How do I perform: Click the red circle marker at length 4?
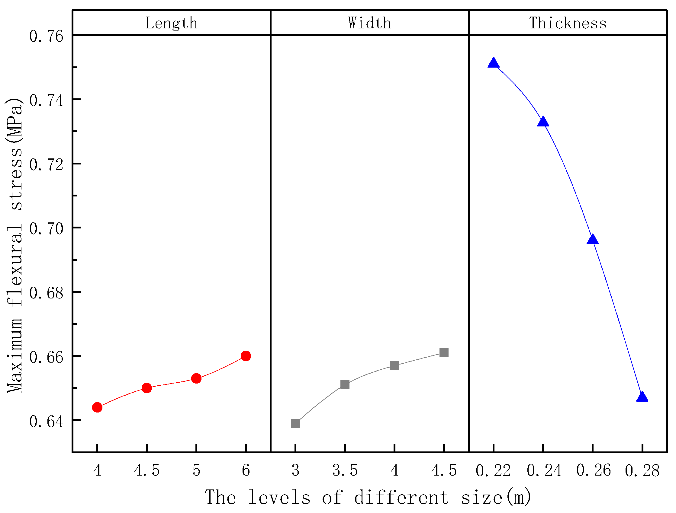97,407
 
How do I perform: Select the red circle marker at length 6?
246,356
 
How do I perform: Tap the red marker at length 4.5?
147,388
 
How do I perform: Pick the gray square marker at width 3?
295,423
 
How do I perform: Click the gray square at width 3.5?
345,385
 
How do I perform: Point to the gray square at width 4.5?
444,353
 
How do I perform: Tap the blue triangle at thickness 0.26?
593,240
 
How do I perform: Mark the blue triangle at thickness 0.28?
642,397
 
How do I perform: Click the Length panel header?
172,23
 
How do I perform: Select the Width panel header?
369,23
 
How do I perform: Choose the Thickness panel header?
568,23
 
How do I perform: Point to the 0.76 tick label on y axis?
47,36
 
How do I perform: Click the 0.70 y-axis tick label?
47,228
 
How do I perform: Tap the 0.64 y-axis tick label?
47,421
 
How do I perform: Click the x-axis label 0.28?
642,470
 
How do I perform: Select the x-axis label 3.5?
345,470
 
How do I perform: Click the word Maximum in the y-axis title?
15,355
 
